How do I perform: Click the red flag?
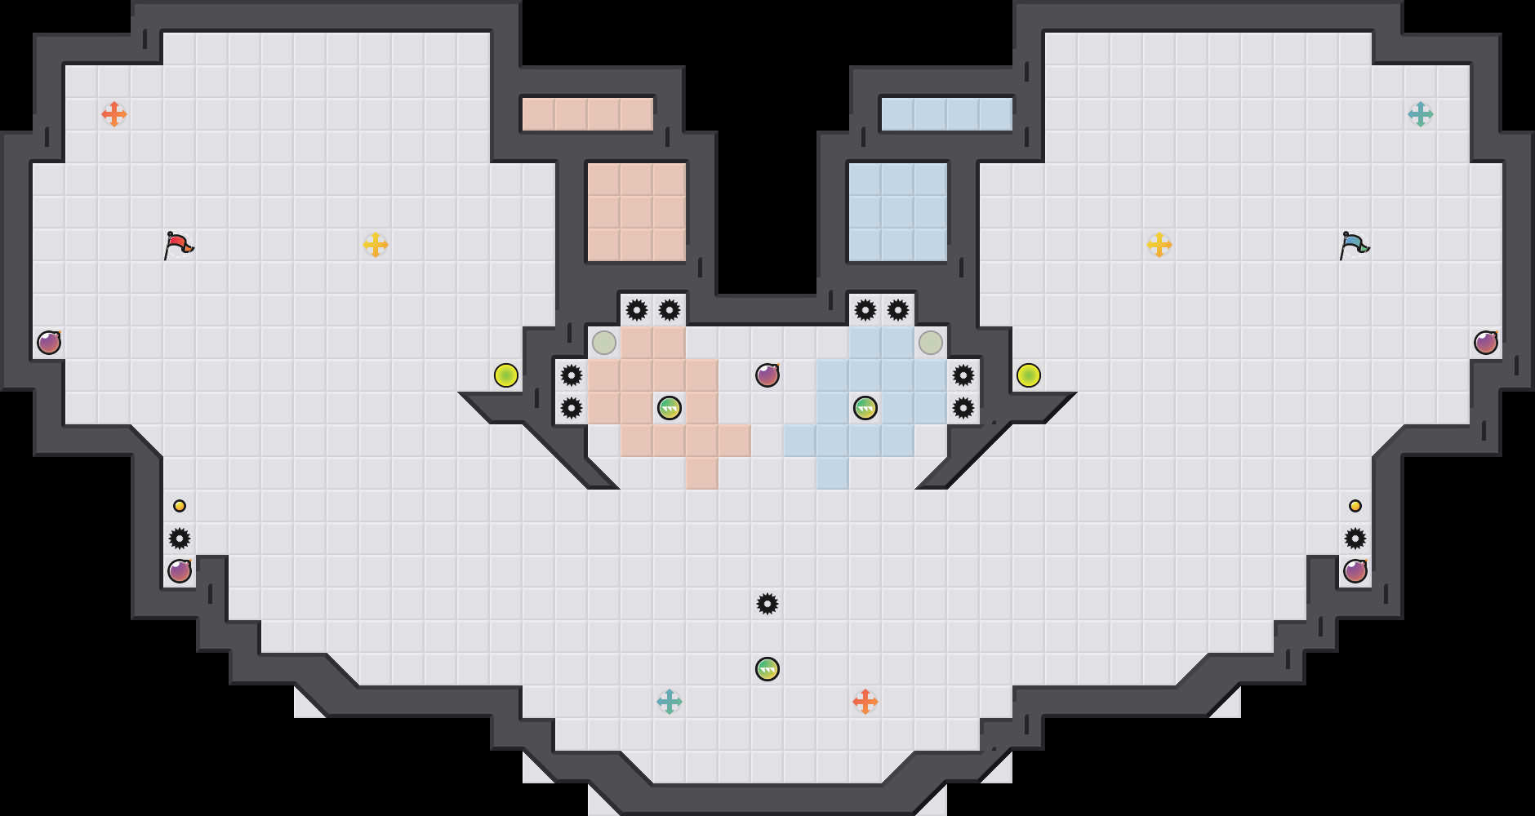pos(178,245)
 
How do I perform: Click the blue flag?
pos(1354,245)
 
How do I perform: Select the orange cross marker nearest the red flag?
pos(114,114)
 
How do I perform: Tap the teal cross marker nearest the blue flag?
pos(1421,114)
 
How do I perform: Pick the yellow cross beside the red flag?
pos(376,245)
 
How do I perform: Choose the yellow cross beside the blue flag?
pos(1159,245)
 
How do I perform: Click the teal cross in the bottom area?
pos(670,702)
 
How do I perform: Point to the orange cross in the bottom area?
pos(865,702)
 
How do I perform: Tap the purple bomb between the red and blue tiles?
pos(767,375)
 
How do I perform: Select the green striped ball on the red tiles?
pos(670,408)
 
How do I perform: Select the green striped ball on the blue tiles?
pos(865,408)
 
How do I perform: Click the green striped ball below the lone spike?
pos(767,669)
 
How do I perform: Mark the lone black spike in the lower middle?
pos(767,604)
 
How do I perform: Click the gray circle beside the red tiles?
pos(604,343)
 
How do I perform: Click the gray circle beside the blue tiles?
pos(931,343)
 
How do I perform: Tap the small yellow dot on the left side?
pos(180,506)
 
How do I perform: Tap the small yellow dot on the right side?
pos(1355,506)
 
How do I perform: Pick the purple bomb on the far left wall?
pos(49,343)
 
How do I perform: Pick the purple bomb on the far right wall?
pos(1486,343)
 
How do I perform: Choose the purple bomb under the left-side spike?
pos(180,571)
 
